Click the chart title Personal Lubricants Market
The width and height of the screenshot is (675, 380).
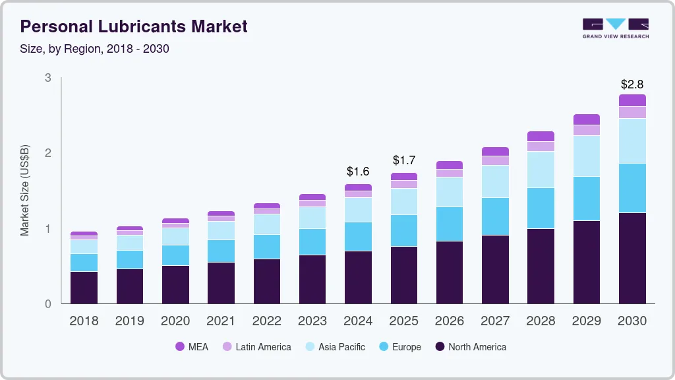coord(134,26)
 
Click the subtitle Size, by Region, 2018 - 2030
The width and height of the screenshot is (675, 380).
coord(94,49)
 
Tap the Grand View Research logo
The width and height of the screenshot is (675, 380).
coord(615,28)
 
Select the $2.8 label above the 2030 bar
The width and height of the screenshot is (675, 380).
coord(632,84)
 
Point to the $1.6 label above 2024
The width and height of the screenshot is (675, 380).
coord(358,172)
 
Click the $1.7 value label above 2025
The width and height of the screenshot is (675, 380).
coord(404,160)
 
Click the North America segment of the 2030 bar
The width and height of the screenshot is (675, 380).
coord(632,258)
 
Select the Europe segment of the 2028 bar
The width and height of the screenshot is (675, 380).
coord(541,208)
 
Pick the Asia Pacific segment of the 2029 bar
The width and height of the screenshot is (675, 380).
coord(587,156)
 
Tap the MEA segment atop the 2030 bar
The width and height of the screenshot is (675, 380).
coord(632,100)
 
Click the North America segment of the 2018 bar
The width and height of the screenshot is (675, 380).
coord(84,288)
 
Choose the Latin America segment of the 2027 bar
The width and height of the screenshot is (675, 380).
coord(495,160)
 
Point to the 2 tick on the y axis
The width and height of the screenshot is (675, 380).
coord(47,153)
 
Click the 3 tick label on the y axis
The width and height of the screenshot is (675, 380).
coord(47,78)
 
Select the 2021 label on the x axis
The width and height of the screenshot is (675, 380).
coord(221,321)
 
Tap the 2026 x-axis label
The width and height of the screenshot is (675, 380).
coord(450,321)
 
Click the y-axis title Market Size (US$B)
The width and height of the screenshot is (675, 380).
coord(25,191)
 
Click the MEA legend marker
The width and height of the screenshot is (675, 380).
coord(180,347)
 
